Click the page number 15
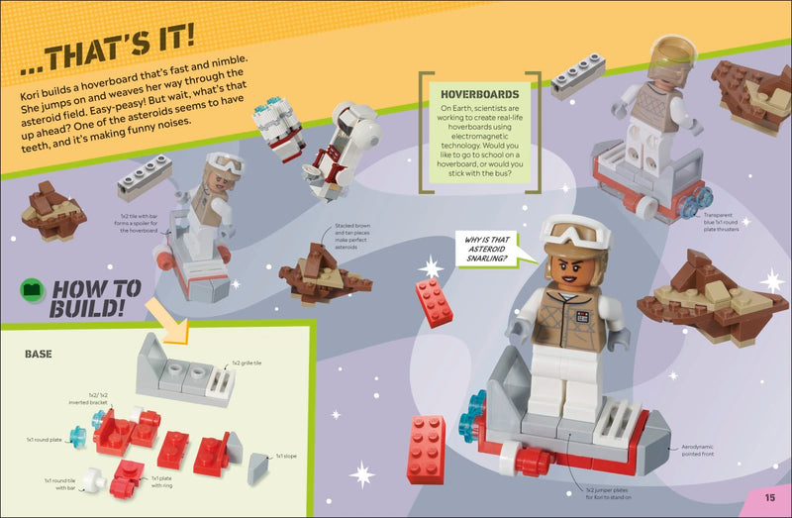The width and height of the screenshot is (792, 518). click(x=769, y=497)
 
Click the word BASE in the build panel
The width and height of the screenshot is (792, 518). click(x=39, y=353)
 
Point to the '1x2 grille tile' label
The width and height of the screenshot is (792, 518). click(x=249, y=363)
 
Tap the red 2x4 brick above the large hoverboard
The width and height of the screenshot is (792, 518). click(x=434, y=301)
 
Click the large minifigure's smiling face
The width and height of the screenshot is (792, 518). click(x=572, y=267)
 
